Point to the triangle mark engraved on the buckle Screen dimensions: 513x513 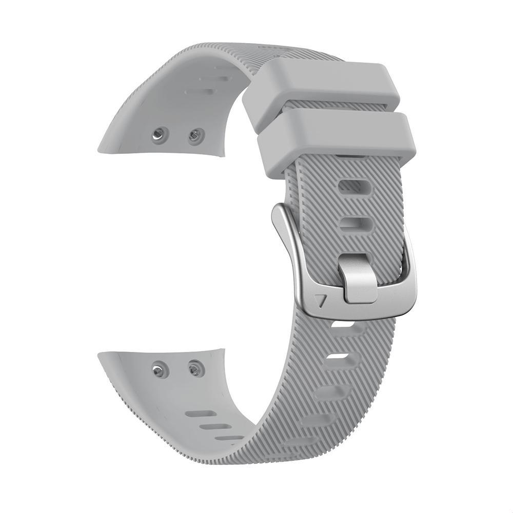322,301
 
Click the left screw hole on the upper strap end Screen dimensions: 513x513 160,135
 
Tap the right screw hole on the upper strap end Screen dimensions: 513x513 195,136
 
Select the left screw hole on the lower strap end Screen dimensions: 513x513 160,369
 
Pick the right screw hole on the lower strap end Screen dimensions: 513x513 195,367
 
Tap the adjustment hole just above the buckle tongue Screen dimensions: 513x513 356,224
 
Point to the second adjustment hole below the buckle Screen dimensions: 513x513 339,357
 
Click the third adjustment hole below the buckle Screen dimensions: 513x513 328,392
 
